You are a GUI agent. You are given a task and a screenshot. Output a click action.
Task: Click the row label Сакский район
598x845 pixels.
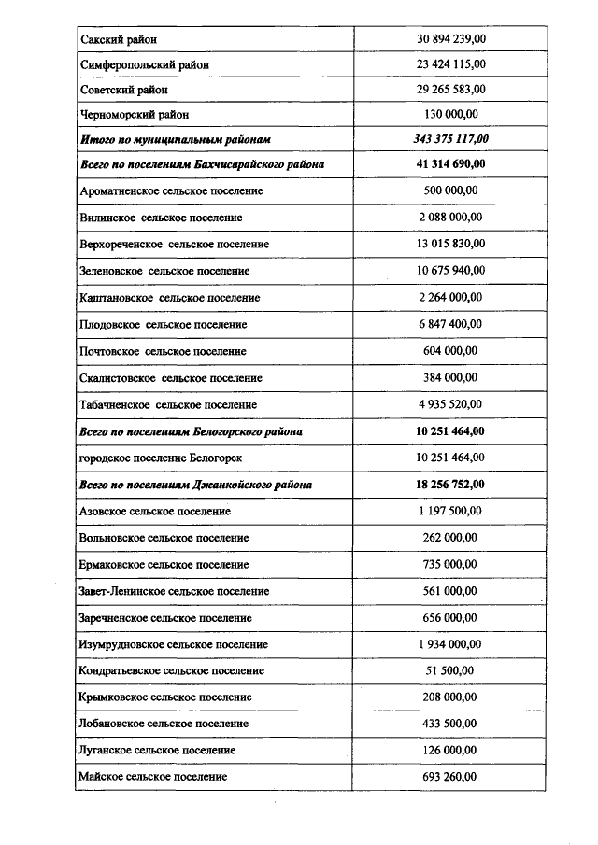click(x=119, y=39)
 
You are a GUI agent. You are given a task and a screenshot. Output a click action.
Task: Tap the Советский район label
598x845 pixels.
click(x=124, y=90)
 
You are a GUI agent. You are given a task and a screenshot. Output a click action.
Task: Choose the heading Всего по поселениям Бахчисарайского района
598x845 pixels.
click(x=203, y=164)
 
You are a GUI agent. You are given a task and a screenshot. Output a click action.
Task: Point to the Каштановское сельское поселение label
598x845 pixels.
click(x=170, y=298)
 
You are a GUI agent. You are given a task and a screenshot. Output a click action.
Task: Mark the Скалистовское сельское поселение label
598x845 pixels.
click(x=172, y=378)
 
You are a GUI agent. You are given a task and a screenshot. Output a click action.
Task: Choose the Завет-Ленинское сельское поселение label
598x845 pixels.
click(x=175, y=591)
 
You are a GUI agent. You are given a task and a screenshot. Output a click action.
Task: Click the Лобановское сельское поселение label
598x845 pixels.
click(x=164, y=724)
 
